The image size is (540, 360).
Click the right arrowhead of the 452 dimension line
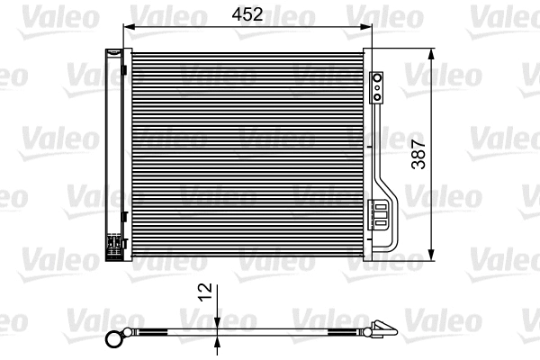pyautogui.click(x=366, y=26)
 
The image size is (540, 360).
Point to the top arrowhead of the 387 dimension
pyautogui.click(x=434, y=52)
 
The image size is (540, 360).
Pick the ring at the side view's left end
pyautogui.click(x=113, y=339)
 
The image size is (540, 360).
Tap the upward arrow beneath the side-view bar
pyautogui.click(x=219, y=340)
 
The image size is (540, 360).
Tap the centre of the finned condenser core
pyautogui.click(x=247, y=153)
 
